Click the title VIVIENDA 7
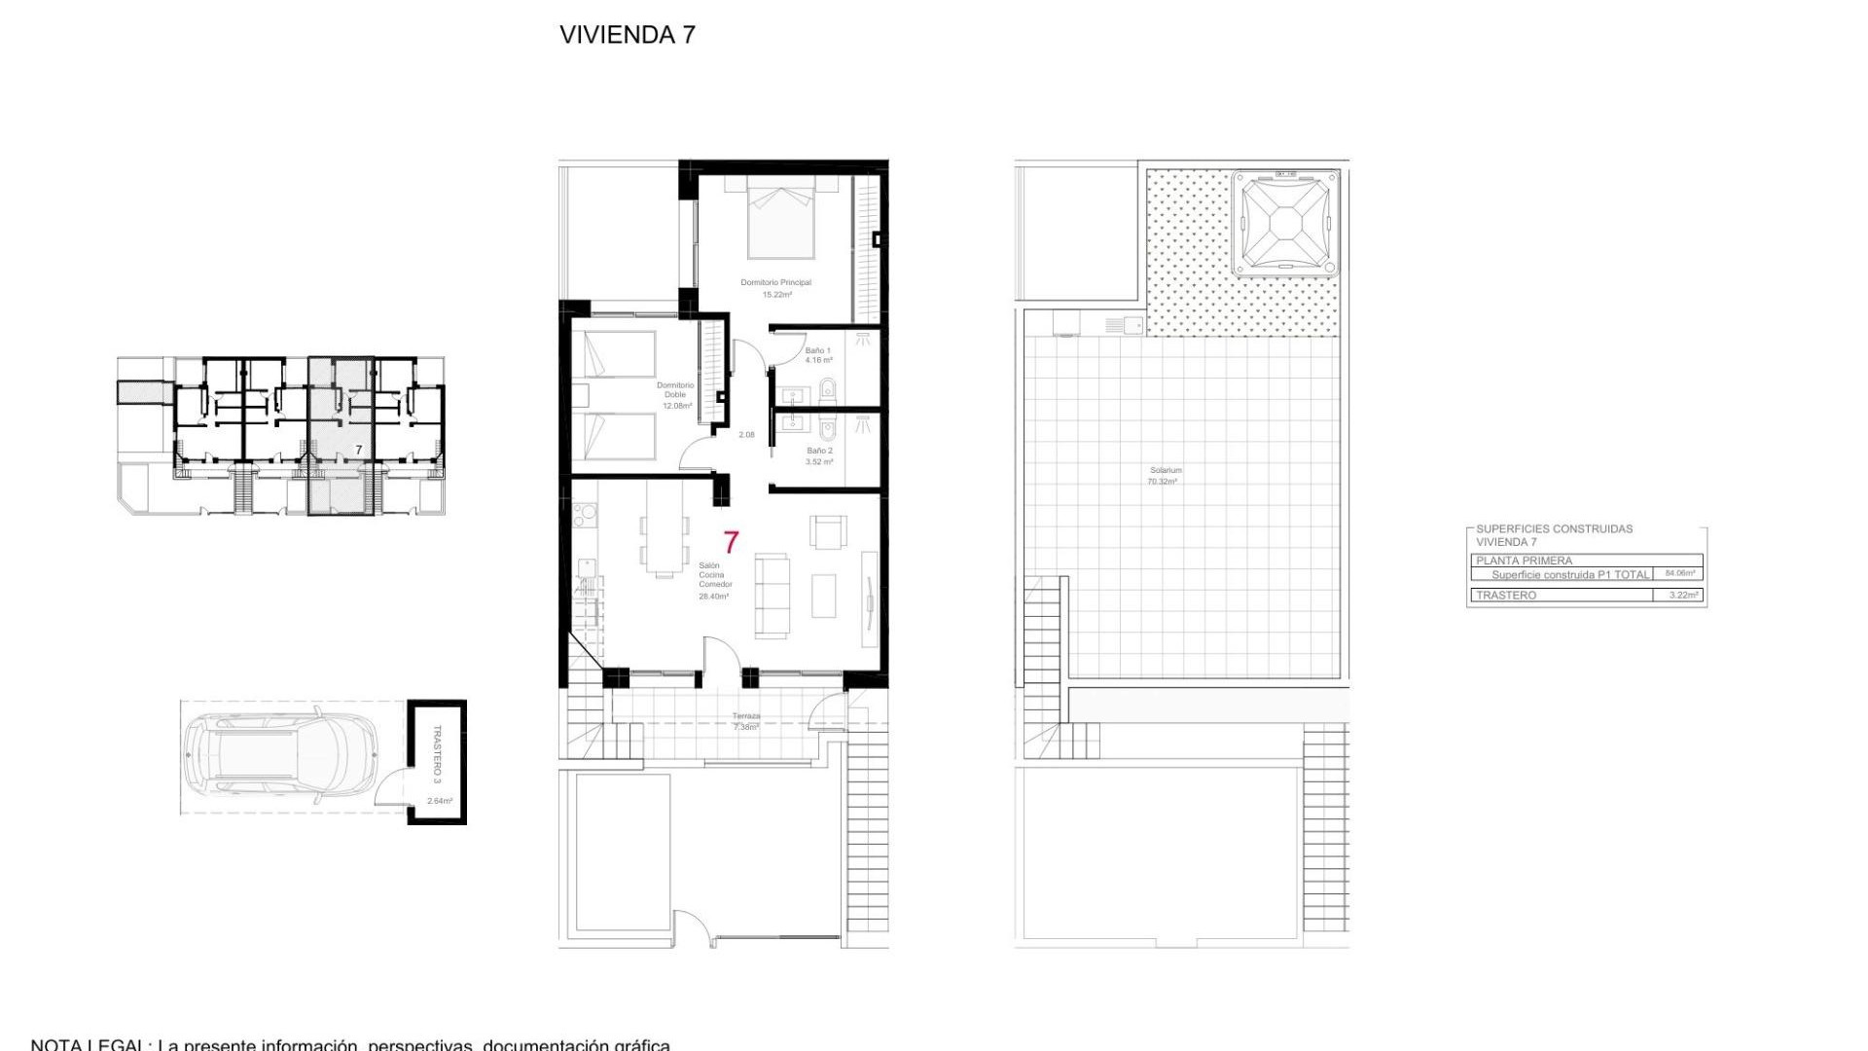click(627, 35)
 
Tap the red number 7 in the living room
click(731, 542)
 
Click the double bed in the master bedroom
click(780, 219)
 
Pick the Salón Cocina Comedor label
click(714, 580)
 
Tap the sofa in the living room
click(772, 596)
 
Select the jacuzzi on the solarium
click(1286, 224)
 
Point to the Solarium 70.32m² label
click(1165, 476)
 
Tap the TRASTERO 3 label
click(437, 753)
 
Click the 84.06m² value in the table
click(1679, 574)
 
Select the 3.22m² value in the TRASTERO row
click(1683, 595)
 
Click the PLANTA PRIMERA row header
click(1524, 561)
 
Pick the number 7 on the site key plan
click(359, 450)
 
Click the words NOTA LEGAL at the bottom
click(88, 1045)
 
